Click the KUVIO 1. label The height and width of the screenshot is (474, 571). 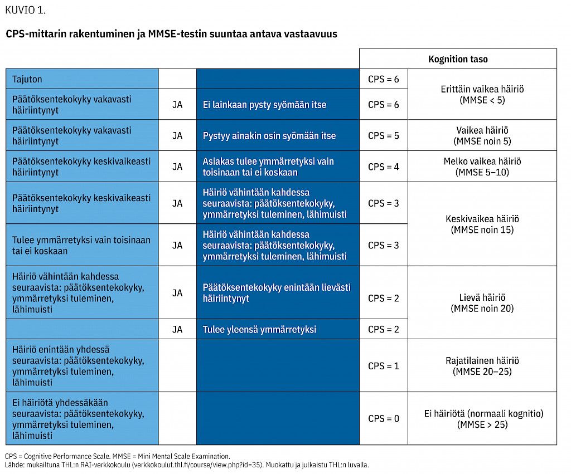[26, 10]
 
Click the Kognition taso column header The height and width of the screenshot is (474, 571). [458, 59]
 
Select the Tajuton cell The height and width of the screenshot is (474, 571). [82, 79]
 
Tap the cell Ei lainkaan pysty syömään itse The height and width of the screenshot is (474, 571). [278, 104]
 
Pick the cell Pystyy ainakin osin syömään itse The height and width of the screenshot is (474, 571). [278, 135]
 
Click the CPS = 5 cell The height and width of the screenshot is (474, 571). [384, 135]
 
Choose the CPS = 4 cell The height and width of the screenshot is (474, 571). [384, 167]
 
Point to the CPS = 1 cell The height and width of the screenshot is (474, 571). [384, 365]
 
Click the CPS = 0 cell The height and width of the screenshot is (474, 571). [384, 418]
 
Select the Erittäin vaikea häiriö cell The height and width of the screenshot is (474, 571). [482, 94]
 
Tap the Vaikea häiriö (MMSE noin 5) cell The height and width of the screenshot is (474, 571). [482, 135]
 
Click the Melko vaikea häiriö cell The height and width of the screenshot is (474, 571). [482, 167]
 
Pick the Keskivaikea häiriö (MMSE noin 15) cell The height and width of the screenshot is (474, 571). [482, 224]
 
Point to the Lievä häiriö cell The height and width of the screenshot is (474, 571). [482, 302]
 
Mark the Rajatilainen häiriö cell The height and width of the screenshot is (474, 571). [482, 365]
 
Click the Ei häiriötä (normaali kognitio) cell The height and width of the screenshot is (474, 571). [482, 418]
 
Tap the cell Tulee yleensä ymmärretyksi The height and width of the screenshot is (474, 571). [278, 329]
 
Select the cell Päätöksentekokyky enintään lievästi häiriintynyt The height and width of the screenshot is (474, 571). [278, 292]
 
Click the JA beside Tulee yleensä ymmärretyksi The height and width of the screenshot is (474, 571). [177, 329]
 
